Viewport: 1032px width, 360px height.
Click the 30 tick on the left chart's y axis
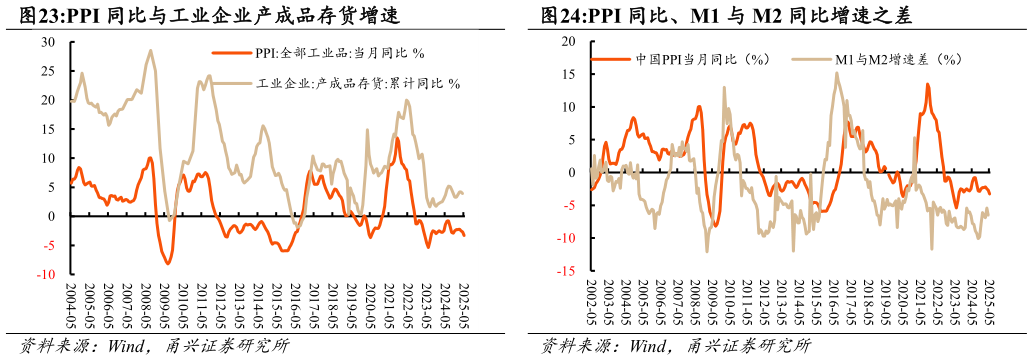tap(47, 42)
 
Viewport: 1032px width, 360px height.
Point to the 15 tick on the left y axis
tap(47, 129)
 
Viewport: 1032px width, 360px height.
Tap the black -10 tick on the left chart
tap(45, 274)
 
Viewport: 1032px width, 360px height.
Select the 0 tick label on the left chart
tap(52, 216)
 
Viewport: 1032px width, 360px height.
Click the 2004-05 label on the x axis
tap(71, 305)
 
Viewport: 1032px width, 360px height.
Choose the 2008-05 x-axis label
tap(147, 305)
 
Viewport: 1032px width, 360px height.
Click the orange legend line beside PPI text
tap(231, 54)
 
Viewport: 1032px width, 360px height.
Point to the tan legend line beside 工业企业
tap(231, 84)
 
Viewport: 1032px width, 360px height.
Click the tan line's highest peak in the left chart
tap(150, 50)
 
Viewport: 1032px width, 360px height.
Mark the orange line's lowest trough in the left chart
tap(167, 263)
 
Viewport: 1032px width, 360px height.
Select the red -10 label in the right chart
tap(567, 238)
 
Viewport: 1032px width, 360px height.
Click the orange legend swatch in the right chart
tap(611, 59)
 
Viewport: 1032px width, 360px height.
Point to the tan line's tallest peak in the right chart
tap(837, 73)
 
